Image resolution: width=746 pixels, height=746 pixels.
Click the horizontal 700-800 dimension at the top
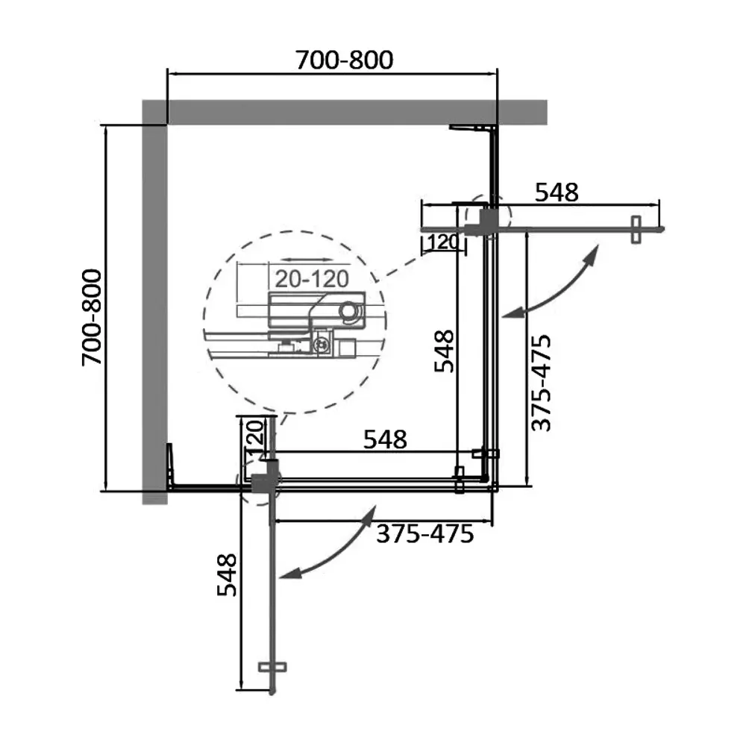click(x=345, y=60)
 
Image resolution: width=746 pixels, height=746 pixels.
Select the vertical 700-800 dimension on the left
click(x=92, y=317)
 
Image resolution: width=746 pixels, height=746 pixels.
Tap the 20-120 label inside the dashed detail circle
click(x=312, y=279)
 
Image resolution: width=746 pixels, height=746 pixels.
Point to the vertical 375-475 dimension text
click(x=541, y=383)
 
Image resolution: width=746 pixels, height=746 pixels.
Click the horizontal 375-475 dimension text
click(x=425, y=534)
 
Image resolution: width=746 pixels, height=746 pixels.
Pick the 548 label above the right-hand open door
click(x=557, y=192)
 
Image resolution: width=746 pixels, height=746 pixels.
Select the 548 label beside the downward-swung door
click(x=227, y=574)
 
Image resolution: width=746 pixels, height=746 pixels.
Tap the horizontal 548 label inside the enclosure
click(x=385, y=439)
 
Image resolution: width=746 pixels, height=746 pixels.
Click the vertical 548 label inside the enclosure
click(x=445, y=351)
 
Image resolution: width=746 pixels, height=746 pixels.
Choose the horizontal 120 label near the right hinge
click(x=442, y=242)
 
